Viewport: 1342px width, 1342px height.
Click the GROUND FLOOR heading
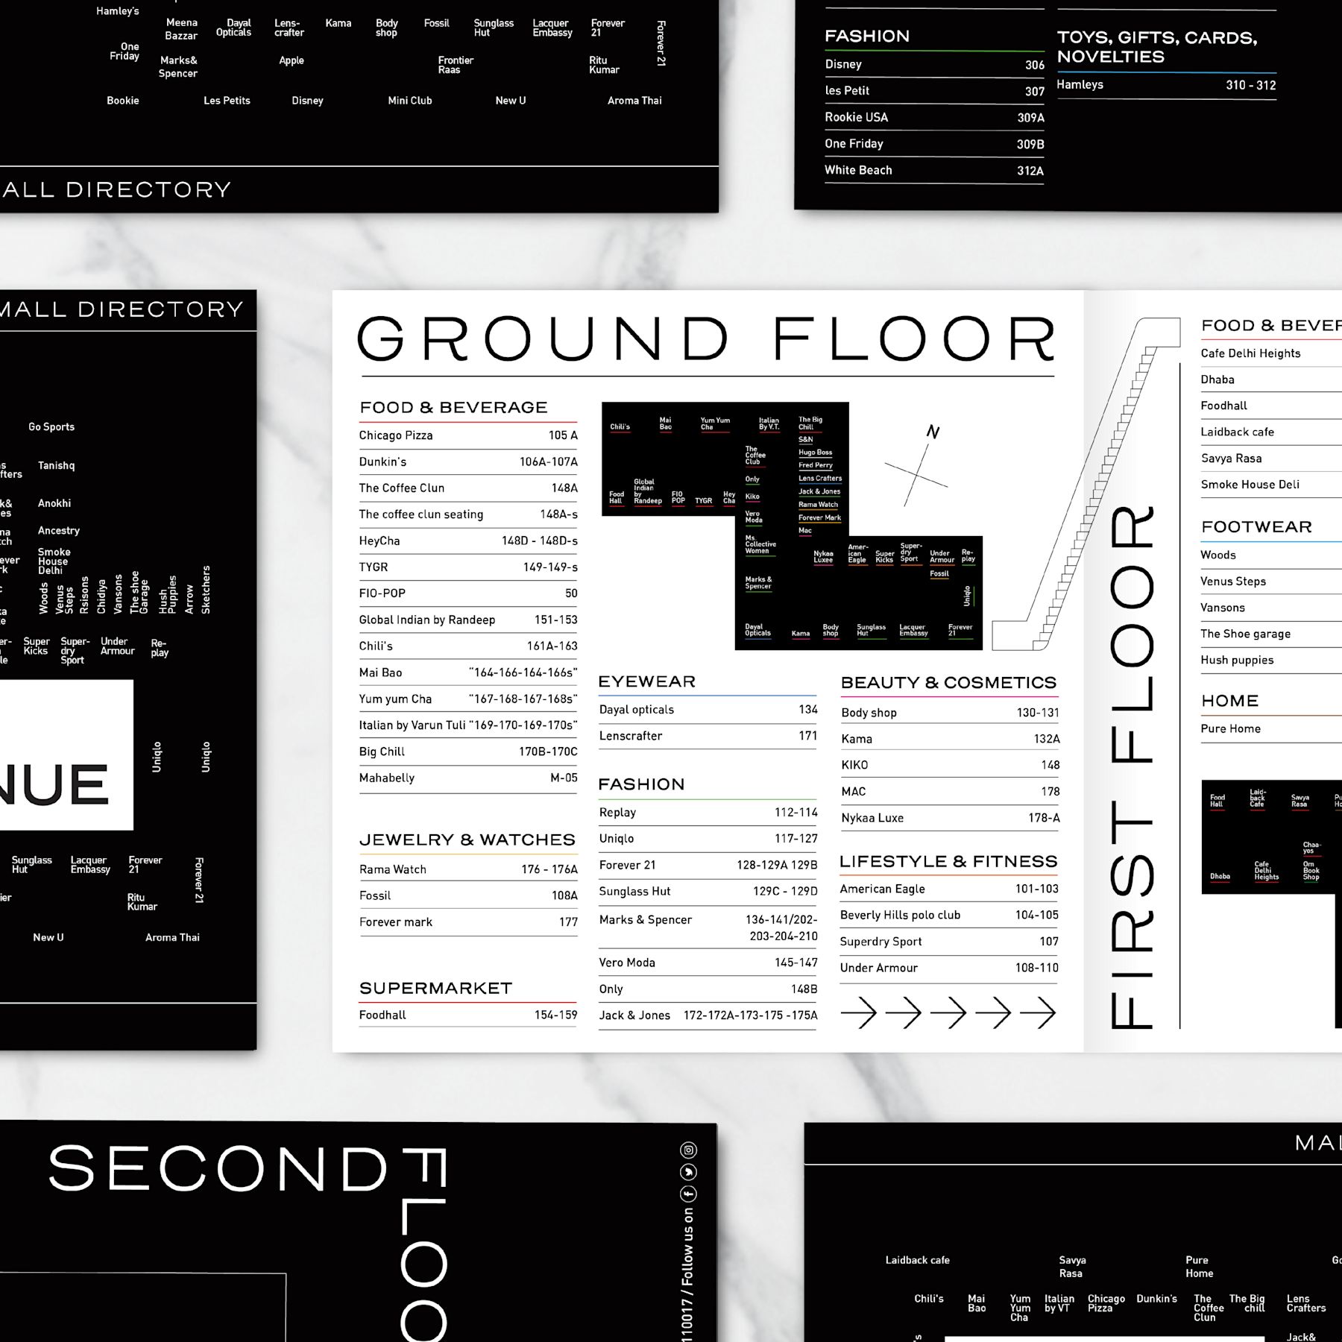pyautogui.click(x=706, y=339)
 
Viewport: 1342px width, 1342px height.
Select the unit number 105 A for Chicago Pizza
pyautogui.click(x=563, y=435)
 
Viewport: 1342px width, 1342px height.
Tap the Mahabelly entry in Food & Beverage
pyautogui.click(x=387, y=778)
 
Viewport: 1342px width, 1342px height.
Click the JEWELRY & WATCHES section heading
pyautogui.click(x=467, y=840)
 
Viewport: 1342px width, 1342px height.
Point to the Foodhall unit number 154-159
pyautogui.click(x=555, y=1015)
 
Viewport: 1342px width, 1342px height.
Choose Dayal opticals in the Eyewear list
pyautogui.click(x=637, y=710)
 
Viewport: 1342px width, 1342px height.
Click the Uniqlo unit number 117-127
pyautogui.click(x=796, y=839)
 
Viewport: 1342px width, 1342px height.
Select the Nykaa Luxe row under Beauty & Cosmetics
pyautogui.click(x=872, y=818)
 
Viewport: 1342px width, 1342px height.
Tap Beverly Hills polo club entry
pyautogui.click(x=900, y=916)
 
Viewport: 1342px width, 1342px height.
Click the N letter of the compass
pyautogui.click(x=933, y=432)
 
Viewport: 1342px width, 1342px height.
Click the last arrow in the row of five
pyautogui.click(x=1038, y=1013)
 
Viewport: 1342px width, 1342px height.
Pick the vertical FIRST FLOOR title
pyautogui.click(x=1132, y=768)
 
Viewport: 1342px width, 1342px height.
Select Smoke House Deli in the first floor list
pyautogui.click(x=1250, y=485)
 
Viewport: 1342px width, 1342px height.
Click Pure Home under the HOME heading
pyautogui.click(x=1230, y=729)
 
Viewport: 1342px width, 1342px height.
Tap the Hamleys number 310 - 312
pyautogui.click(x=1250, y=85)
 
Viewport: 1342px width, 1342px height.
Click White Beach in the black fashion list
pyautogui.click(x=858, y=170)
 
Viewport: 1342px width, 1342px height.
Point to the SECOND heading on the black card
pyautogui.click(x=218, y=1169)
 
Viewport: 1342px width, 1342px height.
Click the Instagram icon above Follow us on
pyautogui.click(x=689, y=1150)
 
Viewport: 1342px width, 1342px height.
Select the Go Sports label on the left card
pyautogui.click(x=51, y=427)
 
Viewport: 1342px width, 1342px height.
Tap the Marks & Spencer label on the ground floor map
pyautogui.click(x=758, y=583)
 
